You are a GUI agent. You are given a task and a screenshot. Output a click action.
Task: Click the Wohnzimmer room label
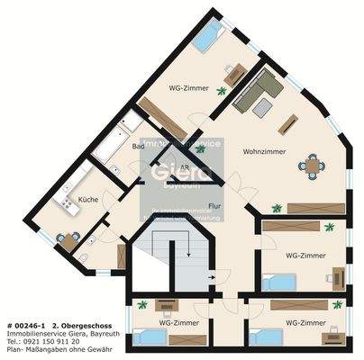point(264,151)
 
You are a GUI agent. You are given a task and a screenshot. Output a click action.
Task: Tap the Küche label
point(87,199)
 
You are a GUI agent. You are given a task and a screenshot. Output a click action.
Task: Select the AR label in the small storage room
point(184,167)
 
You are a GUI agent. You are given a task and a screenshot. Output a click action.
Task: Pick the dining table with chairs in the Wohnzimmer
point(314,165)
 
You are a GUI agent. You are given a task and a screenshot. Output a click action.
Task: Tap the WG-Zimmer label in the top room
point(188,88)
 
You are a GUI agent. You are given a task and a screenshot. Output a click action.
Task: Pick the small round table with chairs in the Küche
point(67,241)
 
